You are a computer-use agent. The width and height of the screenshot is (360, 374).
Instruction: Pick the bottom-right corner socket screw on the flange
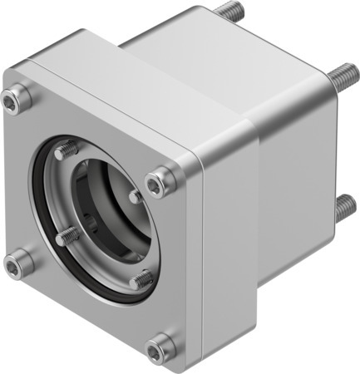160,345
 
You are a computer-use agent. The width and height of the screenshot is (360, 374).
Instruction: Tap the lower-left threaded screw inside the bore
67,237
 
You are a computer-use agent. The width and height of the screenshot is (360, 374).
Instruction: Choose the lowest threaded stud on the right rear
345,208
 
